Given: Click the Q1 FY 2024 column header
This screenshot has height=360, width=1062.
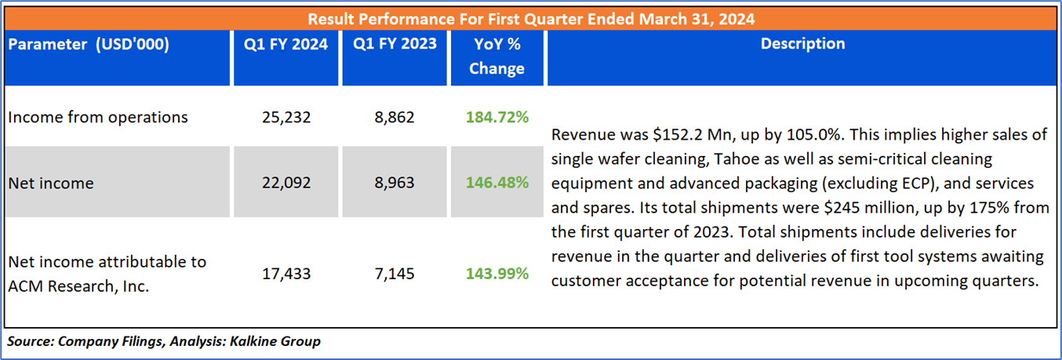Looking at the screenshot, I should coord(286,44).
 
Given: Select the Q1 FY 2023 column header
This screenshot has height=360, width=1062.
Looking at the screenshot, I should coord(395,44).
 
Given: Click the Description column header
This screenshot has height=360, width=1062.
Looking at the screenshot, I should coord(802,44).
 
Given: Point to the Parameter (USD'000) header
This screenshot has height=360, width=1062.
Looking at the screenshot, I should coord(89,44).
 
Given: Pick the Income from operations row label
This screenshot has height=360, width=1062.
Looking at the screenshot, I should coord(98,117).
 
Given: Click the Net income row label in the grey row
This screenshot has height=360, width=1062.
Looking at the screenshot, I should coord(50,183).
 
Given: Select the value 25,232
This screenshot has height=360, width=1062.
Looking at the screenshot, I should coord(286,117).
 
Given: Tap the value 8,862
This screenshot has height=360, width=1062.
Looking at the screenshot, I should coord(395,117).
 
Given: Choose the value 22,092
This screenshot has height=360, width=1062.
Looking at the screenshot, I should coord(286,183).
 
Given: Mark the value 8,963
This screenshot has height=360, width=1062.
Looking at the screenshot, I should coord(395,183).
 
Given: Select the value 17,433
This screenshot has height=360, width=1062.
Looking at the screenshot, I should coord(286,274).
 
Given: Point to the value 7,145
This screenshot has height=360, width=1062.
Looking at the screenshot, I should coord(395,274).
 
